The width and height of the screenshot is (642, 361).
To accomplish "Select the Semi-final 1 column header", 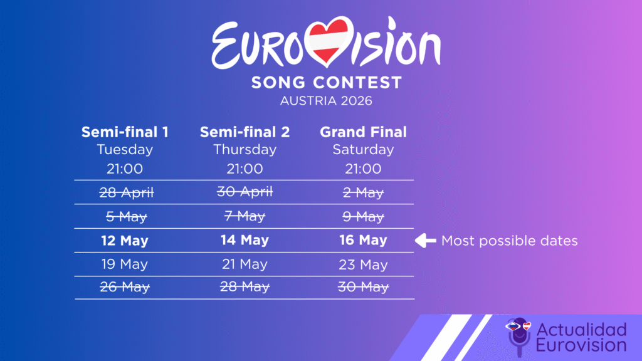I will (125, 132).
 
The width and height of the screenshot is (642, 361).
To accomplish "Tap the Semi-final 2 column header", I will (245, 132).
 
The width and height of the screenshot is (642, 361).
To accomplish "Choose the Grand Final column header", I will (363, 132).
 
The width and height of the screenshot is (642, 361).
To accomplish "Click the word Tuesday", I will (125, 150).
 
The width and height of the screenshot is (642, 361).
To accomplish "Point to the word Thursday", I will (245, 150).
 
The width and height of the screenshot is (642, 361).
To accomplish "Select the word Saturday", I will (363, 150).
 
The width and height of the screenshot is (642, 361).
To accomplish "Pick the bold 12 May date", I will (125, 241).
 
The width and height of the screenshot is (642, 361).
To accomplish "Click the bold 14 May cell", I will (245, 241).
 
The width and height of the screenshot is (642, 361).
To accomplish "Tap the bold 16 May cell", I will (363, 241).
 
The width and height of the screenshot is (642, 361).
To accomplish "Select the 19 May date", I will (125, 264).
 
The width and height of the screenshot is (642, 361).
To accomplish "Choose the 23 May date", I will (363, 264).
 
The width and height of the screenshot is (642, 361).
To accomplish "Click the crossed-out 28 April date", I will (126, 193).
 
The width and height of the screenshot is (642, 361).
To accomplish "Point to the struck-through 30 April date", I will (245, 193).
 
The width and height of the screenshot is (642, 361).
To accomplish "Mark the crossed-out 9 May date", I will (363, 217).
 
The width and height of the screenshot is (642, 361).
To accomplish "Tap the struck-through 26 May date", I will (125, 288).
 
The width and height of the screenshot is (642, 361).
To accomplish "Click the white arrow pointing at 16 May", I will (426, 240).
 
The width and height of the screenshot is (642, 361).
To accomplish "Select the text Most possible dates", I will (509, 241).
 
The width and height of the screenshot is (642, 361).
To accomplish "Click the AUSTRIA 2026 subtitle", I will (326, 100).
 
